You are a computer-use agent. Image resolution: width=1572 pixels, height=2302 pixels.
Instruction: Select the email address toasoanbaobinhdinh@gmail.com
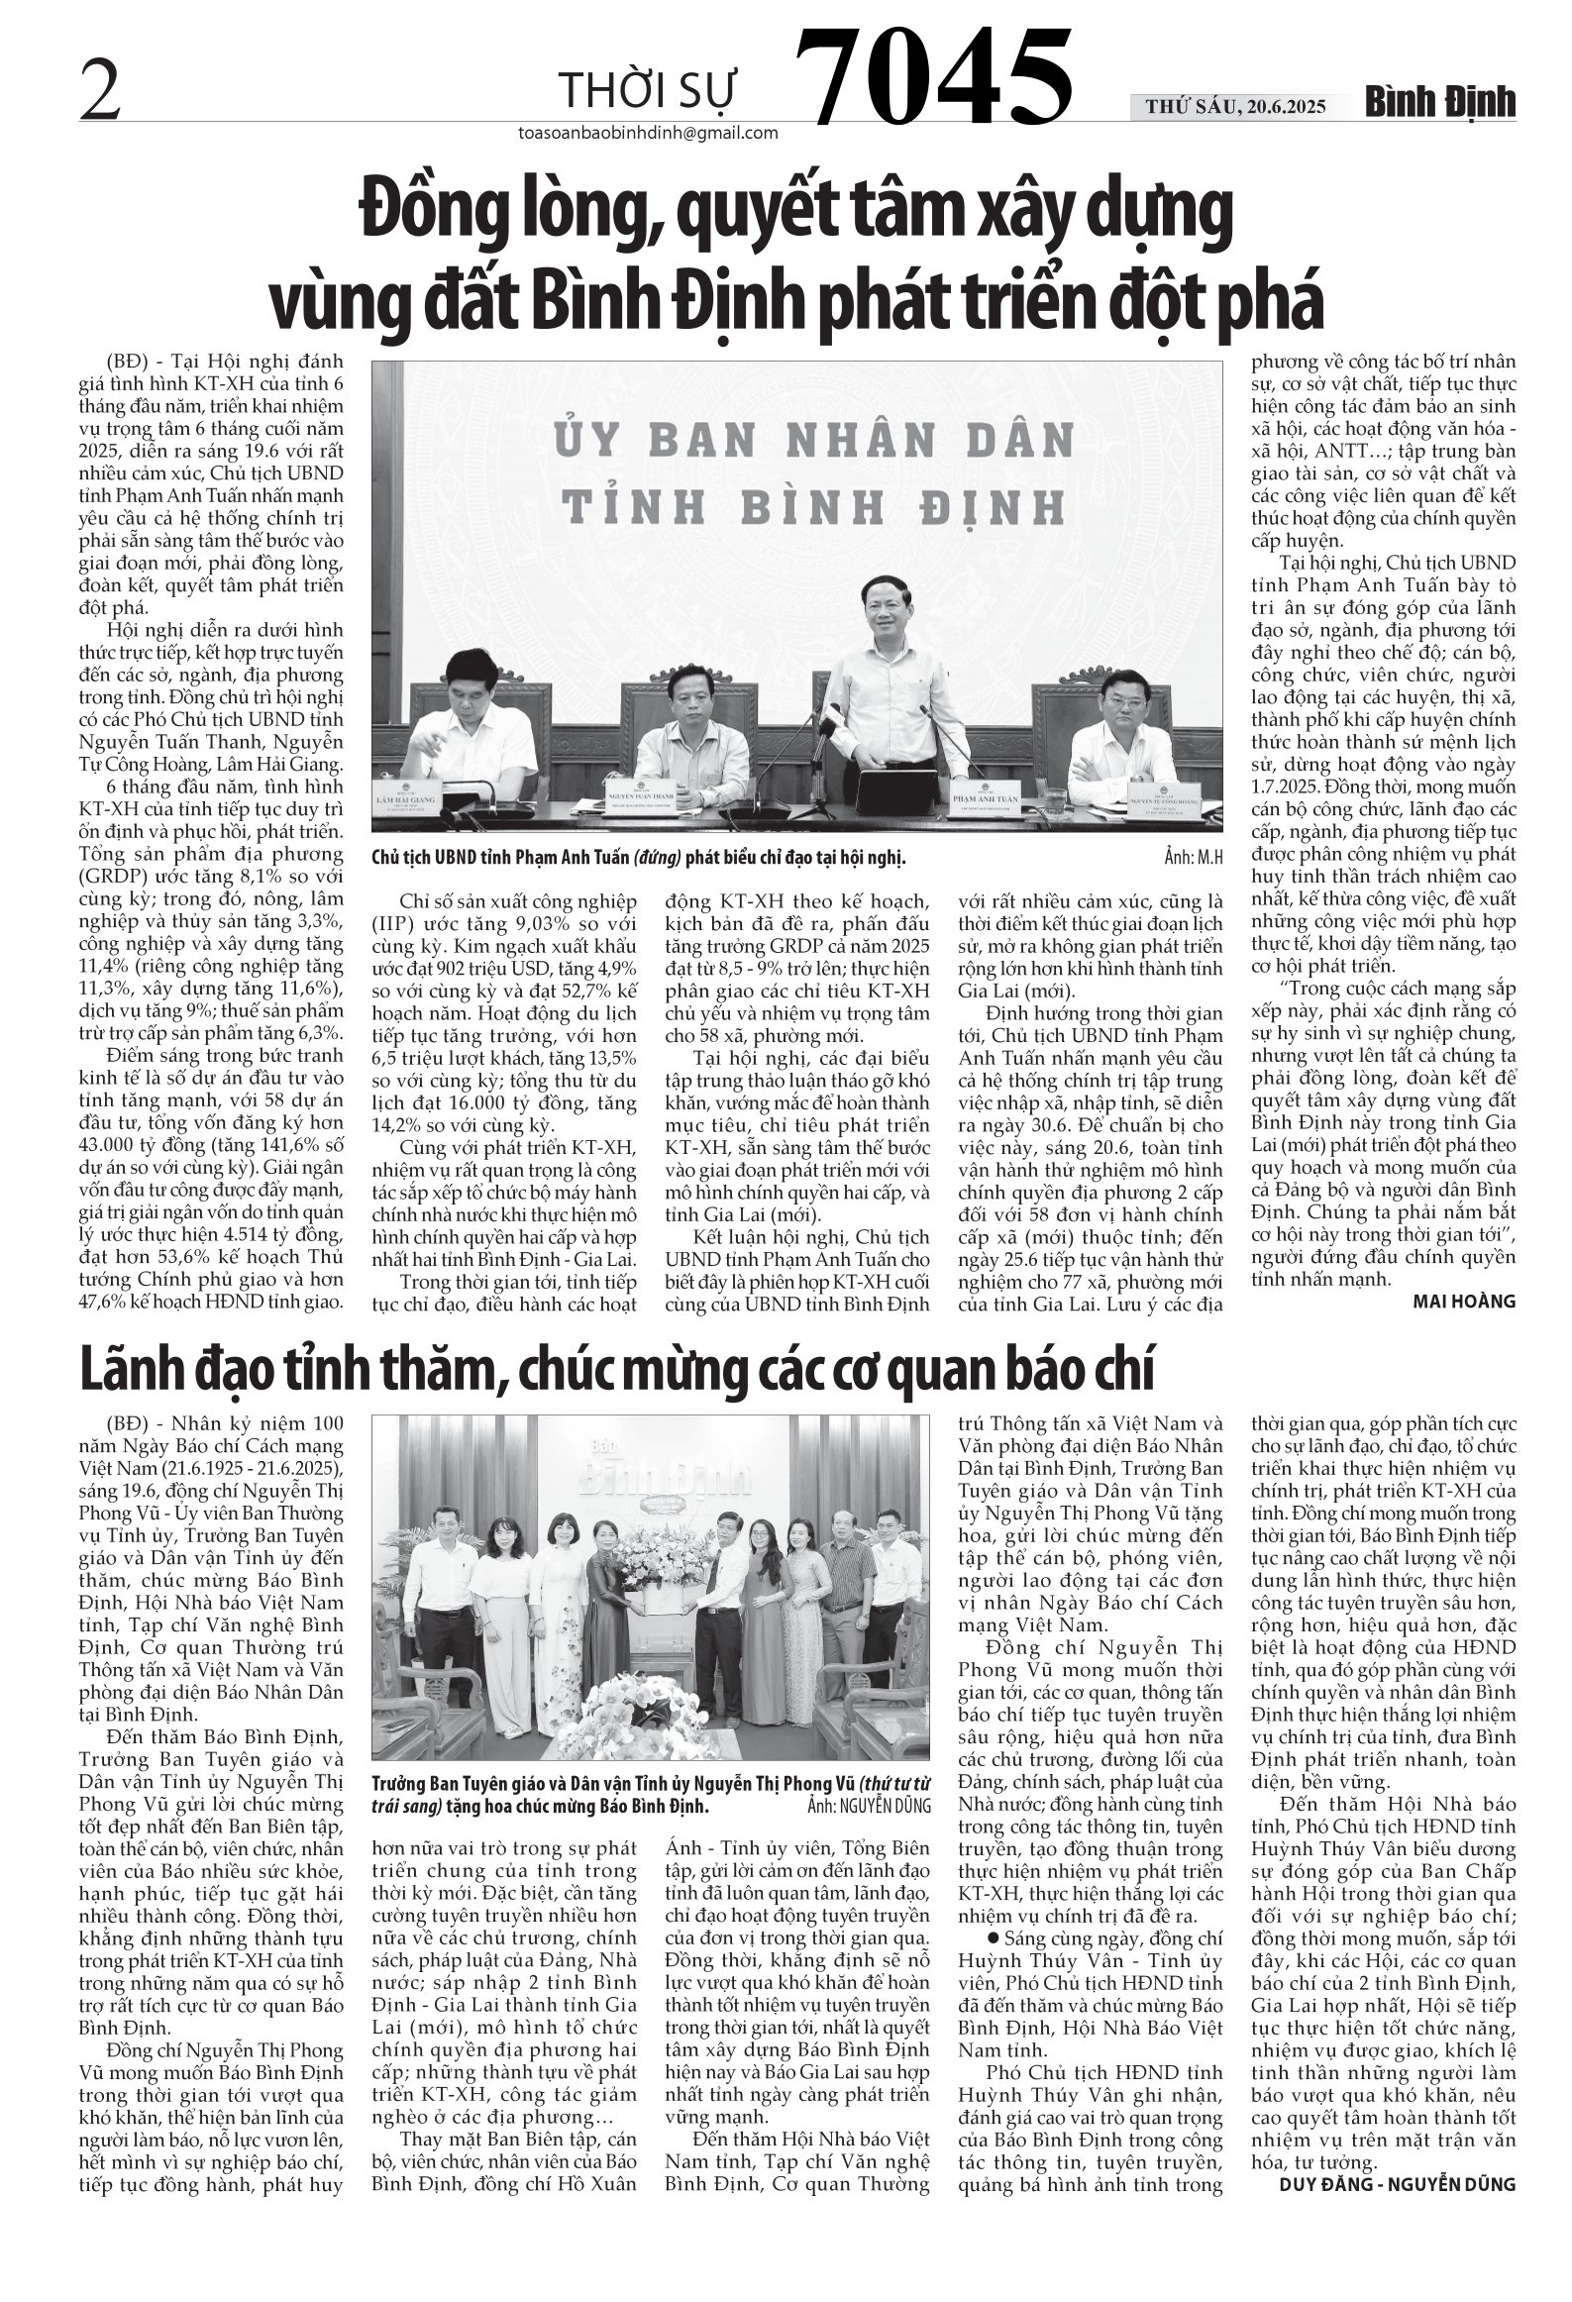[x=647, y=134]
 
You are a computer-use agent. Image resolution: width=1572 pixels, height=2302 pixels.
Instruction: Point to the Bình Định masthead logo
[x=1442, y=101]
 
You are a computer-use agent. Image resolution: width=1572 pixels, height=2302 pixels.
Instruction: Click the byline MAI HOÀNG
[x=1463, y=1302]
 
